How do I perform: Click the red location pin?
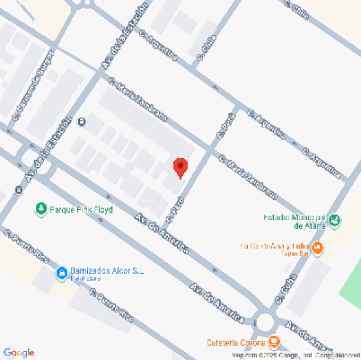[x=180, y=167]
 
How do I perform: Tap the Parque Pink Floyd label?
[x=83, y=210]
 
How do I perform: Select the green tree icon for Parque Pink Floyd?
[x=40, y=210]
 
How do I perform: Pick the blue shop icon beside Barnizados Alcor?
[x=61, y=273]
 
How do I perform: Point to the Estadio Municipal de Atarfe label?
[x=287, y=221]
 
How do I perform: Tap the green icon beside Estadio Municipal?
[x=335, y=221]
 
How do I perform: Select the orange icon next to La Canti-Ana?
[x=319, y=247]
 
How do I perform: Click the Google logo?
[x=19, y=352]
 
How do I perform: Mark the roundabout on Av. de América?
[x=265, y=320]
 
